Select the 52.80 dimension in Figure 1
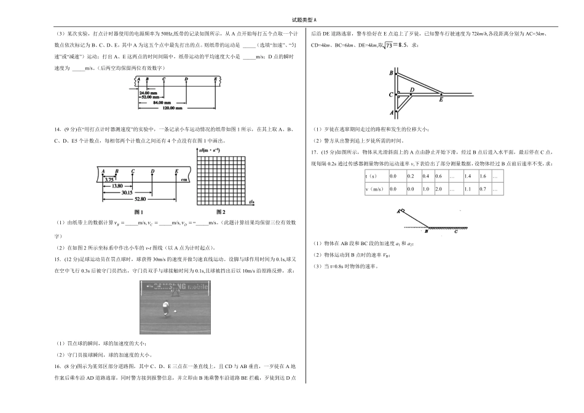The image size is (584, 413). coord(141,199)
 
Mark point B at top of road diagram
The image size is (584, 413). coord(391,73)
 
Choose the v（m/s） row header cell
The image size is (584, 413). coord(376,189)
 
